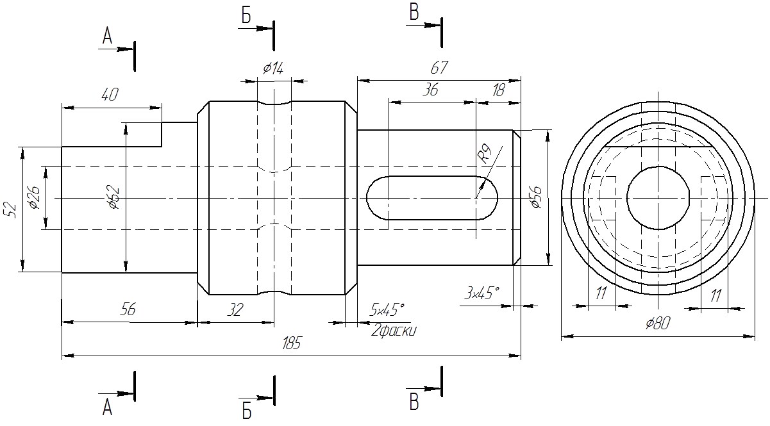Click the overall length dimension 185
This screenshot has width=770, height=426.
tap(291, 343)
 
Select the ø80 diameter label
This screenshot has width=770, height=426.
tap(658, 324)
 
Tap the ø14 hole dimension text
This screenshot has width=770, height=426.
tap(273, 69)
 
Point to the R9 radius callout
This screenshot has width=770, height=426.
tap(485, 153)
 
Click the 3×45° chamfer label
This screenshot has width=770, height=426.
tap(481, 293)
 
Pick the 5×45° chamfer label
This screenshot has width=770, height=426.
tap(387, 309)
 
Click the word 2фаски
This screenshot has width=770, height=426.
tap(394, 331)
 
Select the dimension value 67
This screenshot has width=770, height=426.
tap(439, 68)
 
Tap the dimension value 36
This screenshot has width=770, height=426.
tap(430, 90)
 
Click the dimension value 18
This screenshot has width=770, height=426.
tap(498, 90)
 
